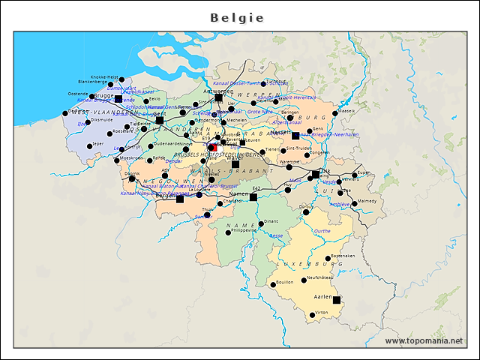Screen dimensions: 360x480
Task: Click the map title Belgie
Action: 237,17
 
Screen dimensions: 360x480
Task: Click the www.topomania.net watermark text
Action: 424,340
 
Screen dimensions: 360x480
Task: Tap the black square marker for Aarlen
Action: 337,300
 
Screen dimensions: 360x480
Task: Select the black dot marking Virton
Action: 313,316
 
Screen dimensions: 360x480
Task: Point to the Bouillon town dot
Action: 272,285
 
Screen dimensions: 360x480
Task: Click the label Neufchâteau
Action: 320,277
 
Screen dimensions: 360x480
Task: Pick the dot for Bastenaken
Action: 328,260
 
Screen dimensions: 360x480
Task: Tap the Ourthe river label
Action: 322,231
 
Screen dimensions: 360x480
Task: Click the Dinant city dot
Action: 261,223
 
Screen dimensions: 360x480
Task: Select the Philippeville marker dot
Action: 229,232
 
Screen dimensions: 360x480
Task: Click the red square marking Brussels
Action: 212,147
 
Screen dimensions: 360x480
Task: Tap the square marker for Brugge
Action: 118,98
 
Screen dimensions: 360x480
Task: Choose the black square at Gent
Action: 159,119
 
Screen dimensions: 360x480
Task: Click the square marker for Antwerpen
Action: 218,97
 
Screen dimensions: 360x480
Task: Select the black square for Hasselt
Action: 295,136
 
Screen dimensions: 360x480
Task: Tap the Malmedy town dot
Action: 355,203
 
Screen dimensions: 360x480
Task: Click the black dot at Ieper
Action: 90,145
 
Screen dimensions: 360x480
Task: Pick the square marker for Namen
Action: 253,197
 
